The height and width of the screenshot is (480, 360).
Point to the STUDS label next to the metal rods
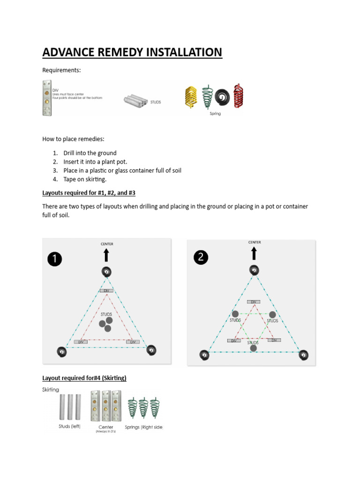click(155, 102)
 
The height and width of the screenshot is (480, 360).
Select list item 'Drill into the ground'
click(90, 153)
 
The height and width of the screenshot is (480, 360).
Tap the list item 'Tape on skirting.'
click(85, 179)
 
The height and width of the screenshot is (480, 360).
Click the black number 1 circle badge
click(55, 259)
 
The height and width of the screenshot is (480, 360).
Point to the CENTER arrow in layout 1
click(106, 255)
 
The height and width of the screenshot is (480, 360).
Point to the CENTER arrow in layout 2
click(254, 253)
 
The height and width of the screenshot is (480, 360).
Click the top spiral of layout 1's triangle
click(106, 271)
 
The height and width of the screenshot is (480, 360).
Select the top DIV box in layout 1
click(106, 291)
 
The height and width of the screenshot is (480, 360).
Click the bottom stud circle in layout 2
click(254, 348)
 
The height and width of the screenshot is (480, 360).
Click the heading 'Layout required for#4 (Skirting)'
click(84, 378)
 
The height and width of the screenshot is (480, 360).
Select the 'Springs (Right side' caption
click(143, 427)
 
